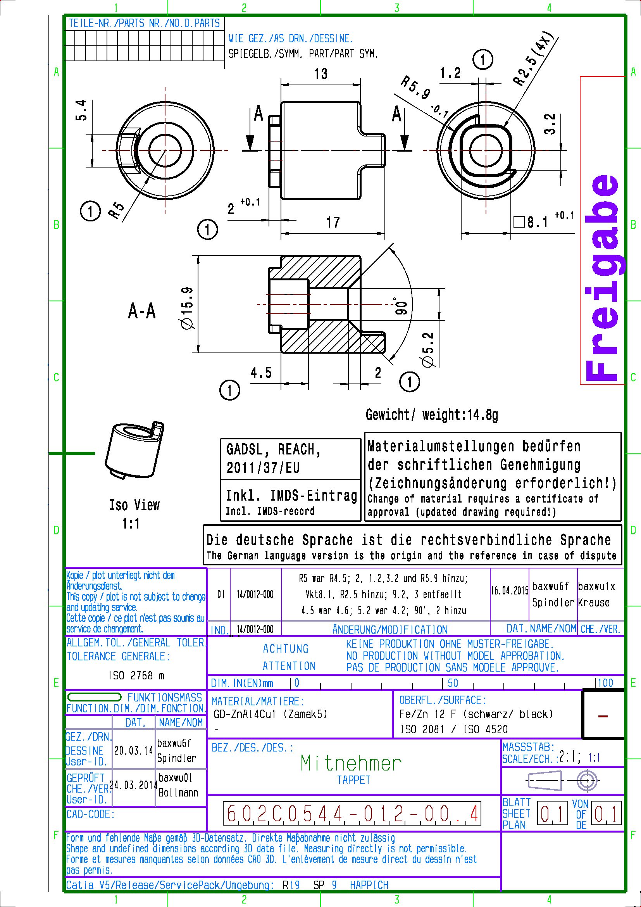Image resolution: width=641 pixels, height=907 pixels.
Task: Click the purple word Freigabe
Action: point(602,276)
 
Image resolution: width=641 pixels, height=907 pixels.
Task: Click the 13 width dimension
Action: point(320,74)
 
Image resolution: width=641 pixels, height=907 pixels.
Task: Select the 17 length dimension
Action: point(333,223)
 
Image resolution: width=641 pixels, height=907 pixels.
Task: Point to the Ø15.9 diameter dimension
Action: point(187,308)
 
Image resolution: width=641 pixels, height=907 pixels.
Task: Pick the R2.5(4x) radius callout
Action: point(534,59)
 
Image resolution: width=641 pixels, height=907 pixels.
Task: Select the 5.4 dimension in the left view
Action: point(81,110)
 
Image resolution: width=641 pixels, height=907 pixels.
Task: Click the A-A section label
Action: point(142,311)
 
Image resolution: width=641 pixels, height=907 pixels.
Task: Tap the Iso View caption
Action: point(134,505)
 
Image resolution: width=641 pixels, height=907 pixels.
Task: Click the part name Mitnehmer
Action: point(350,764)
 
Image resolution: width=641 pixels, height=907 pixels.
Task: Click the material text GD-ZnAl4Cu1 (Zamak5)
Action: point(271,714)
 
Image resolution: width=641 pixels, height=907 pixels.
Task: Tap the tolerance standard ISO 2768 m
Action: point(136,675)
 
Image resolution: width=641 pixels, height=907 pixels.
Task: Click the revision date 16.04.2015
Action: point(510,591)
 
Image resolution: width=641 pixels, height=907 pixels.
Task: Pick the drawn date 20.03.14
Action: point(133,751)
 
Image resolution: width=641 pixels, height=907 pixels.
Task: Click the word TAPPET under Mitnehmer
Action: point(353,780)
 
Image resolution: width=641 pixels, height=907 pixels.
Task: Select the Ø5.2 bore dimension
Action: point(428,350)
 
